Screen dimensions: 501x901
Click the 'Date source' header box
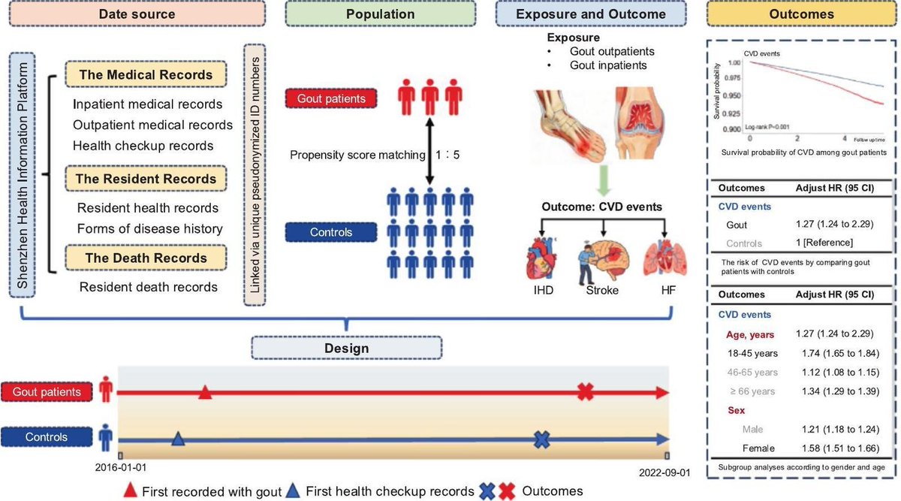[143, 14]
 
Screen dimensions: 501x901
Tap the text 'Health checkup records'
[143, 145]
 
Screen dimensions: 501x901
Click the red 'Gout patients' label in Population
[331, 99]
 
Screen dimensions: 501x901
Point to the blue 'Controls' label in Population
[330, 232]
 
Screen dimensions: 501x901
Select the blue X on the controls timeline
[541, 440]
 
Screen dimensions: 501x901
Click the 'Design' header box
[346, 349]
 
